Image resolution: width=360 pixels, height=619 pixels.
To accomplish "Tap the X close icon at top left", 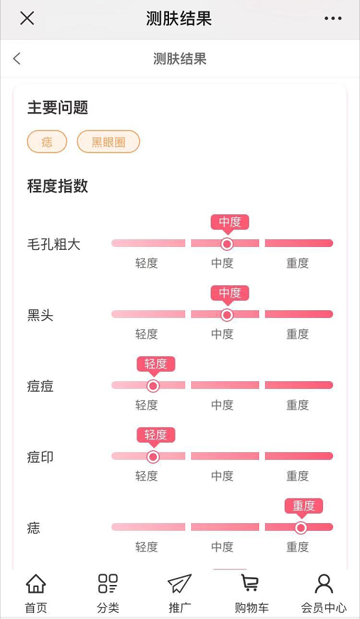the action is coord(27,18).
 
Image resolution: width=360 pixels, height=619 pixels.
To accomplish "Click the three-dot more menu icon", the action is coord(333,18).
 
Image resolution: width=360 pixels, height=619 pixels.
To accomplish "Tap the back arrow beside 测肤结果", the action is coord(16,59).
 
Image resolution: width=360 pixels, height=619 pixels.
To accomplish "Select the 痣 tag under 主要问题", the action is coord(47,141).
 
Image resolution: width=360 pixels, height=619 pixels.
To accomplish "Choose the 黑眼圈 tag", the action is coord(108,141).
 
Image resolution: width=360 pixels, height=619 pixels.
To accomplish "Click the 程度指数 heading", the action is coord(58,186).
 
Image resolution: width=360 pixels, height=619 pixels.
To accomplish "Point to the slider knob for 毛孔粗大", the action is coord(227,244).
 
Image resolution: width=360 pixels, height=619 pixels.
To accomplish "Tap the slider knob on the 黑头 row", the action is coord(227,315).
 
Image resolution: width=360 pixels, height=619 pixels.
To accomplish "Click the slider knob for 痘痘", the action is coord(153,385).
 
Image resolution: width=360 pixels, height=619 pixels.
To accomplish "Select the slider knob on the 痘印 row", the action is coord(153,456).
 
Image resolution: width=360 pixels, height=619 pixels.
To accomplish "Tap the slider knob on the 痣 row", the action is coord(301,528).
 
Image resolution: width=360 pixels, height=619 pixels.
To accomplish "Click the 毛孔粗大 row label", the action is coord(54,245).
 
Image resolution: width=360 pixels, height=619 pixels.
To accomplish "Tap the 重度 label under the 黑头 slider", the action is coord(298,334).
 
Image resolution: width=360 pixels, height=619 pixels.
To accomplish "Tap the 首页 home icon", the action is coord(36,584).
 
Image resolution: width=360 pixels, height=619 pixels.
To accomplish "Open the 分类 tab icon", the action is coord(108,584).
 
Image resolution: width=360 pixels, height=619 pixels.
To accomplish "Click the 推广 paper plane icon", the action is coord(180,584).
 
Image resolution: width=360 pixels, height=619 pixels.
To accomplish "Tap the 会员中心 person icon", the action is coord(324,584).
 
